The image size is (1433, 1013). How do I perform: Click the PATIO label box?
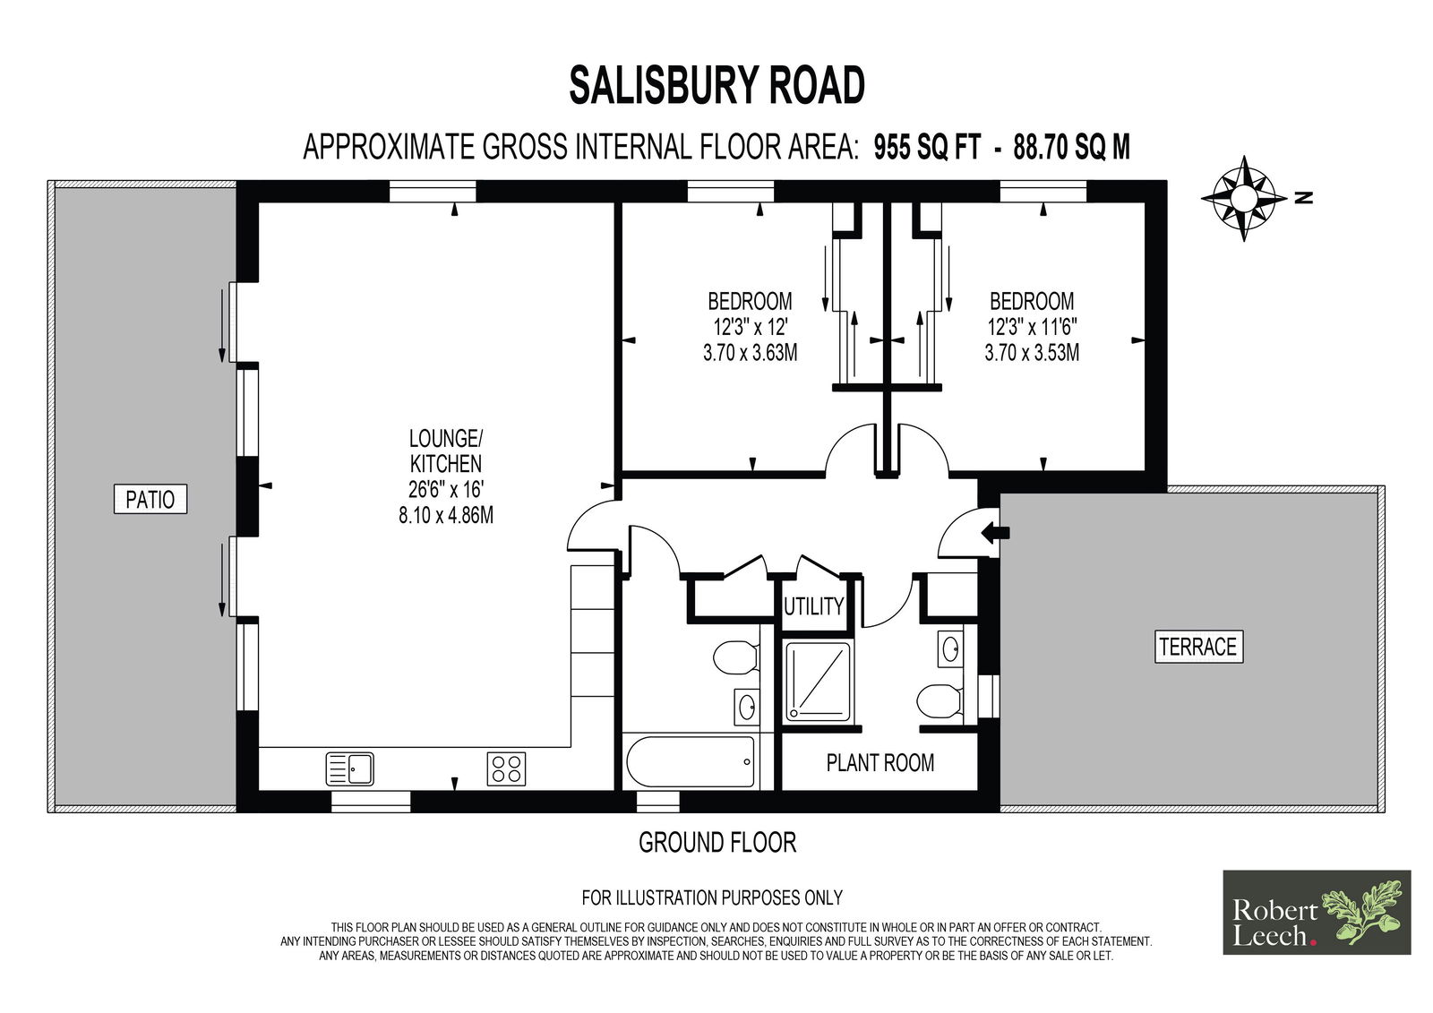point(150,499)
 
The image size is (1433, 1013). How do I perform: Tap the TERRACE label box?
point(1198,647)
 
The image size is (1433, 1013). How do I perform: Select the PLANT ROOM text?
point(880,763)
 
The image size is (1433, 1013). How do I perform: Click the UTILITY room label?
point(814,606)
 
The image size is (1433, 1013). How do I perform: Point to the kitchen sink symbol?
point(349,768)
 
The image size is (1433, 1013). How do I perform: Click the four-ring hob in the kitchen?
point(506,768)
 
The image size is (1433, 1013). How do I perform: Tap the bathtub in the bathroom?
point(691,762)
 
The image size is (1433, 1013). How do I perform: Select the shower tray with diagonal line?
point(818,681)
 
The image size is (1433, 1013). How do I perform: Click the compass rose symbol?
point(1244,198)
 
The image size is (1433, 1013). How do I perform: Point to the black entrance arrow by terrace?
point(995,532)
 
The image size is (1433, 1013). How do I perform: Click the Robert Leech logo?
point(1317,912)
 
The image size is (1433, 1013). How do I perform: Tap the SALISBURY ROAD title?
point(716,86)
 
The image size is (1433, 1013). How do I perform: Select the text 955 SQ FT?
point(927,147)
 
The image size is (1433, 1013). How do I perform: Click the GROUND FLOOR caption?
point(717,843)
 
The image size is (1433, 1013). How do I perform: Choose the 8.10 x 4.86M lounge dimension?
point(446,515)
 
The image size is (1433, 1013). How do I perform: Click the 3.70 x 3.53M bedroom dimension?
point(1032,353)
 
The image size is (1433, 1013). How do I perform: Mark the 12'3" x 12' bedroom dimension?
point(751,327)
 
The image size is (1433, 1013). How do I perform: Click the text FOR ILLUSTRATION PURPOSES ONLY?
point(712,897)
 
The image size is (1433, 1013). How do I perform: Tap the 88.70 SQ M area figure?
point(1071,147)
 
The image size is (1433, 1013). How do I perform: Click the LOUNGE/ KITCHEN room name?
point(446,451)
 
